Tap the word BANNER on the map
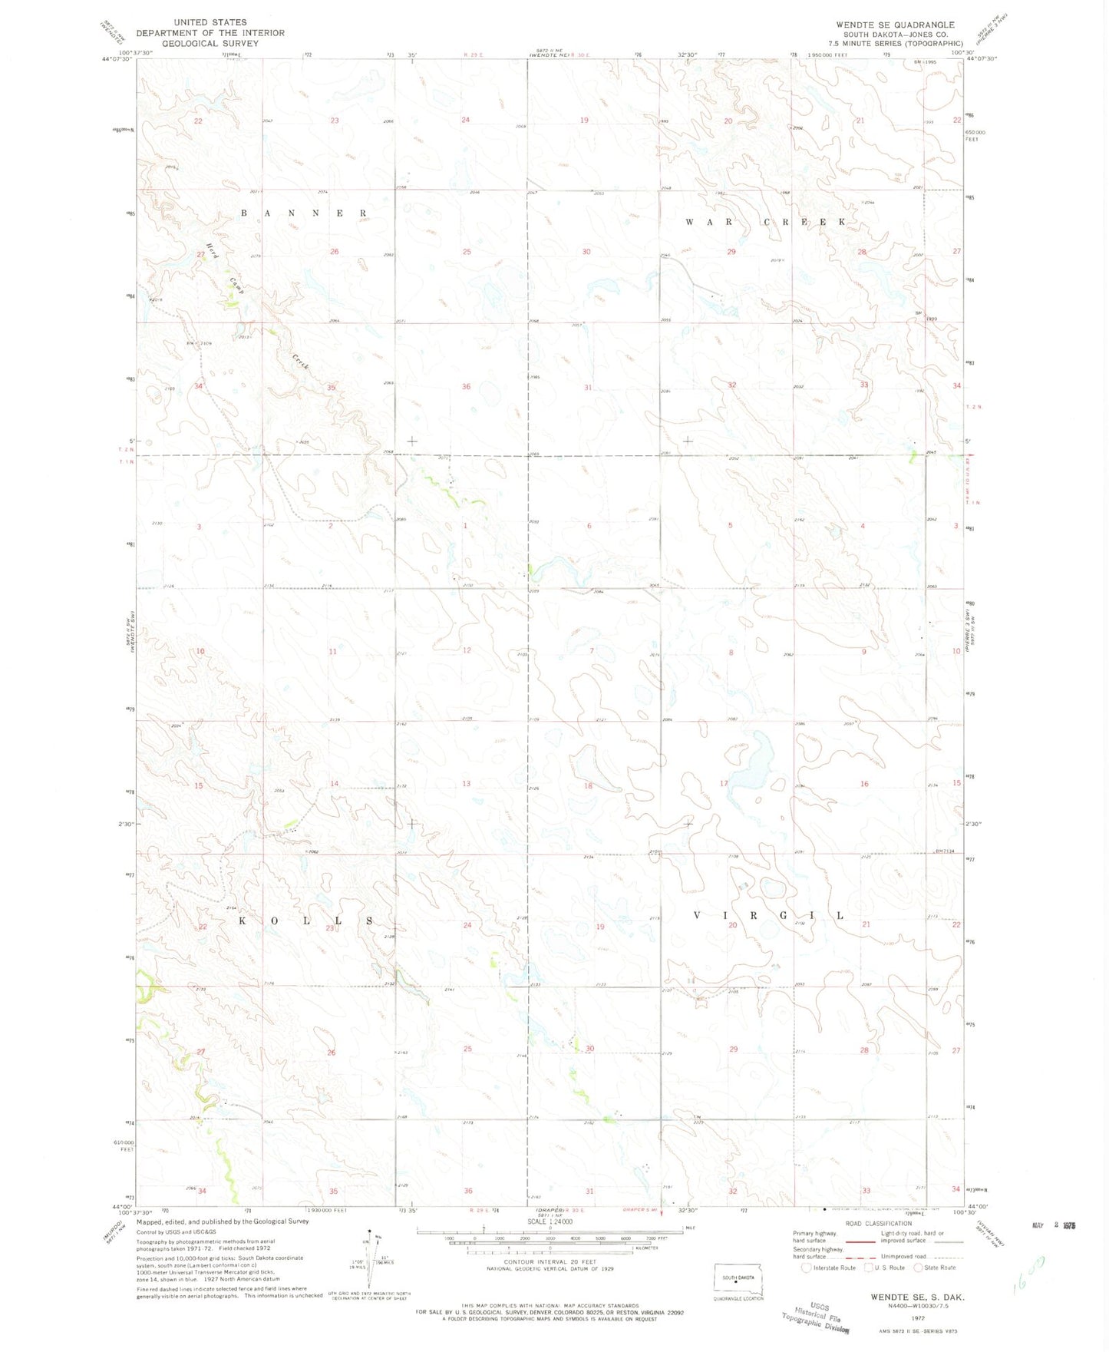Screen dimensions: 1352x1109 point(304,213)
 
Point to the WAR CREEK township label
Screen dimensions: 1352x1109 point(765,221)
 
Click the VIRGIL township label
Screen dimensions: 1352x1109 point(768,915)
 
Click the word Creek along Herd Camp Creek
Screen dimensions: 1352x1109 point(300,362)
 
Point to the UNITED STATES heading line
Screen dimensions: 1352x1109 point(210,22)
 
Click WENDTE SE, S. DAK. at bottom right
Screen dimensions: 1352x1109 point(917,1297)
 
